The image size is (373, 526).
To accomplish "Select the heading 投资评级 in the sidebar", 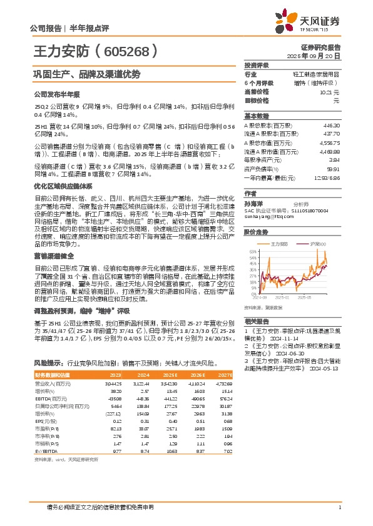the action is [x=256, y=65].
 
